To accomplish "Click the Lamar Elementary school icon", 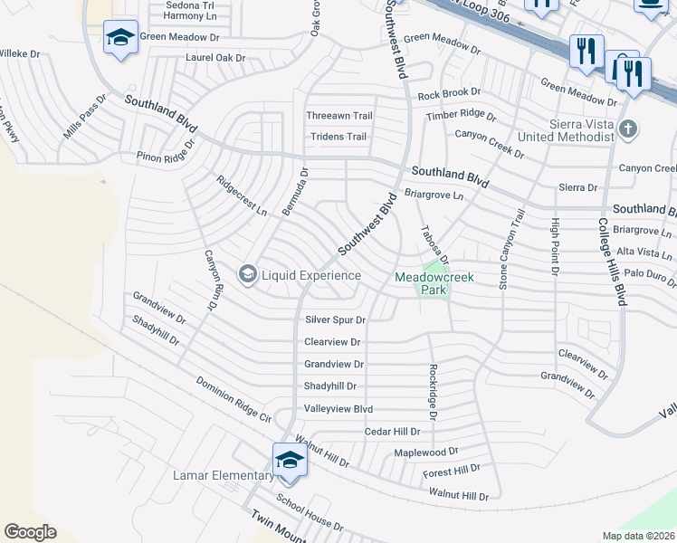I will pyautogui.click(x=290, y=460).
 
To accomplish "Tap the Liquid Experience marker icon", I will pyautogui.click(x=247, y=274).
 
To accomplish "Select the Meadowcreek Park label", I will pyautogui.click(x=421, y=284).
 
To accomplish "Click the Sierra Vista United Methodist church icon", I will pyautogui.click(x=629, y=129).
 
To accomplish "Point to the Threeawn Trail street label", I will pyautogui.click(x=339, y=116).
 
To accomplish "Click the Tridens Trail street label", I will pyautogui.click(x=338, y=137).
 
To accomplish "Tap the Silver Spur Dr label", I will pyautogui.click(x=335, y=319).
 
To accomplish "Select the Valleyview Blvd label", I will pyautogui.click(x=338, y=409).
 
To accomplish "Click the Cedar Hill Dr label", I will pyautogui.click(x=392, y=432).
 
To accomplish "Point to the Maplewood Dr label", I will pyautogui.click(x=426, y=451).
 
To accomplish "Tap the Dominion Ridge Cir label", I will pyautogui.click(x=234, y=399).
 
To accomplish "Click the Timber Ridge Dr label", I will pyautogui.click(x=462, y=116).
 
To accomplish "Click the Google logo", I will pyautogui.click(x=30, y=532).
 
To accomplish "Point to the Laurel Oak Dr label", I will pyautogui.click(x=215, y=58).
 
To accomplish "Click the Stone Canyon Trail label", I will pyautogui.click(x=512, y=250).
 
